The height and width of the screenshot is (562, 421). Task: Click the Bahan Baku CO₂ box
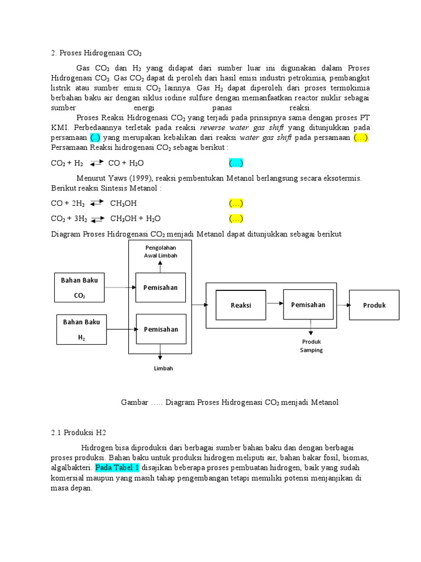[x=79, y=288]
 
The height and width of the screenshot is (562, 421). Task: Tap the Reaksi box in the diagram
[x=241, y=305]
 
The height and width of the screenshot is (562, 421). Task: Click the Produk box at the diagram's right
[x=374, y=305]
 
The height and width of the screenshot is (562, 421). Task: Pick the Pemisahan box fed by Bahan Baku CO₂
[x=161, y=287]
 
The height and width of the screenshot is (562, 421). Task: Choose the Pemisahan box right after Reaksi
[x=308, y=305]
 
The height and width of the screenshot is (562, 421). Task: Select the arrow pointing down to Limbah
[x=160, y=351]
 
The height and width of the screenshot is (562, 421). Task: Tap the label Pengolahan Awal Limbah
[x=160, y=251]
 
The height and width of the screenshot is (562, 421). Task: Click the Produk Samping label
[x=311, y=345]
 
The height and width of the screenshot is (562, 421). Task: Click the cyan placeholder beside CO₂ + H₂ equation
[x=236, y=163]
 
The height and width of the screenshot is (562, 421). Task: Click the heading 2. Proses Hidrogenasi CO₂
[x=96, y=53]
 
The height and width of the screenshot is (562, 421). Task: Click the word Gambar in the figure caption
[x=134, y=402]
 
